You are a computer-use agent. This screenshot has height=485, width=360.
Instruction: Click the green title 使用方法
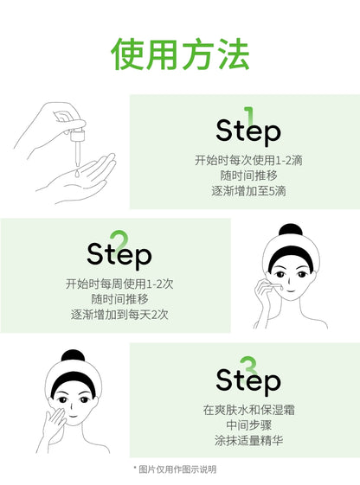[x=180, y=54]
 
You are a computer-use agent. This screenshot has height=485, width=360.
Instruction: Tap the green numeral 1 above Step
[x=249, y=116]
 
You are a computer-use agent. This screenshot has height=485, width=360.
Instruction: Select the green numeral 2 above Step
[x=119, y=239]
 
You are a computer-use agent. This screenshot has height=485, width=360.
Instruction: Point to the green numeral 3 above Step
[x=249, y=364]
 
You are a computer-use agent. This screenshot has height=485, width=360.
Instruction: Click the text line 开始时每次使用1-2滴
[x=248, y=160]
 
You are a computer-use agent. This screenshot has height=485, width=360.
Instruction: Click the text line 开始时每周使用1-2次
[x=119, y=284]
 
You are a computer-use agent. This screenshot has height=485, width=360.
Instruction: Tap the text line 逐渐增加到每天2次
[x=119, y=315]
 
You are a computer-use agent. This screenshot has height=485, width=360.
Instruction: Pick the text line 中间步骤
[x=248, y=424]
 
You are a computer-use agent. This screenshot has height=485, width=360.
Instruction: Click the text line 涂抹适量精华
[x=248, y=439]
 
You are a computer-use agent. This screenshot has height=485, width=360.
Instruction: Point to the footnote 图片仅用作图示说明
[x=180, y=469]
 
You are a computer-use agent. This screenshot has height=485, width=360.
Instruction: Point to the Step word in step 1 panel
[x=248, y=131]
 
